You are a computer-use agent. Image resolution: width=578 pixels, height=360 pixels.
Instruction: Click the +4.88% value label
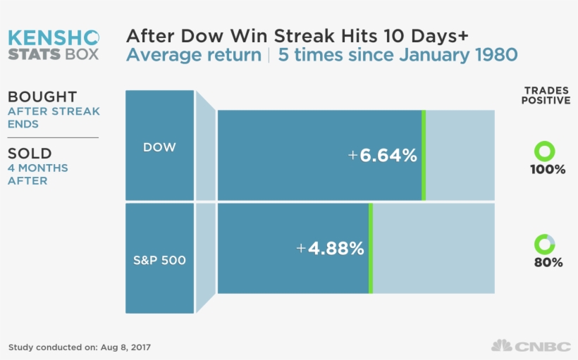pyautogui.click(x=330, y=249)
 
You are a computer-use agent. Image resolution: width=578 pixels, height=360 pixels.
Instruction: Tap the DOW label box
pyautogui.click(x=159, y=147)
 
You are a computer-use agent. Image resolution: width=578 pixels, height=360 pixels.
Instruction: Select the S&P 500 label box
pyautogui.click(x=159, y=260)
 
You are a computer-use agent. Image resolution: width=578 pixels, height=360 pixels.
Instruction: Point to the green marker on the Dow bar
pyautogui.click(x=424, y=155)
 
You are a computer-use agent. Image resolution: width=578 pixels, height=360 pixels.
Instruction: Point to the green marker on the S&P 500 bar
pyautogui.click(x=371, y=248)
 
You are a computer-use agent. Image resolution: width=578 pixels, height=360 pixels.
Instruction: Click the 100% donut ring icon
pyautogui.click(x=545, y=151)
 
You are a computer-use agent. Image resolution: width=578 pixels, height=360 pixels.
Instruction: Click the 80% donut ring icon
pyautogui.click(x=545, y=244)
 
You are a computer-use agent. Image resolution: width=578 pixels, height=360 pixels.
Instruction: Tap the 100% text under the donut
pyautogui.click(x=548, y=170)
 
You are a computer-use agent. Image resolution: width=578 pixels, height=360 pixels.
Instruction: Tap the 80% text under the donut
pyautogui.click(x=548, y=263)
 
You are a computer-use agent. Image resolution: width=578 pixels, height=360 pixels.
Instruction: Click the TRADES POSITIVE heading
pyautogui.click(x=546, y=96)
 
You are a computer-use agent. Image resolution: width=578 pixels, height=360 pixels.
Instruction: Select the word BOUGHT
pyautogui.click(x=42, y=97)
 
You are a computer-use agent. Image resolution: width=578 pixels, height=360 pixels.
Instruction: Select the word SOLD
pyautogui.click(x=29, y=154)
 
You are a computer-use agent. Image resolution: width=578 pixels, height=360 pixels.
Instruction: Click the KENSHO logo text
pyautogui.click(x=54, y=37)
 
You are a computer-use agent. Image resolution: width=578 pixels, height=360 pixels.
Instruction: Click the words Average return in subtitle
pyautogui.click(x=193, y=55)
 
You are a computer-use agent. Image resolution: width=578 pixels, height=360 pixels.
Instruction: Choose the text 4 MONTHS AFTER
pyautogui.click(x=38, y=175)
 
